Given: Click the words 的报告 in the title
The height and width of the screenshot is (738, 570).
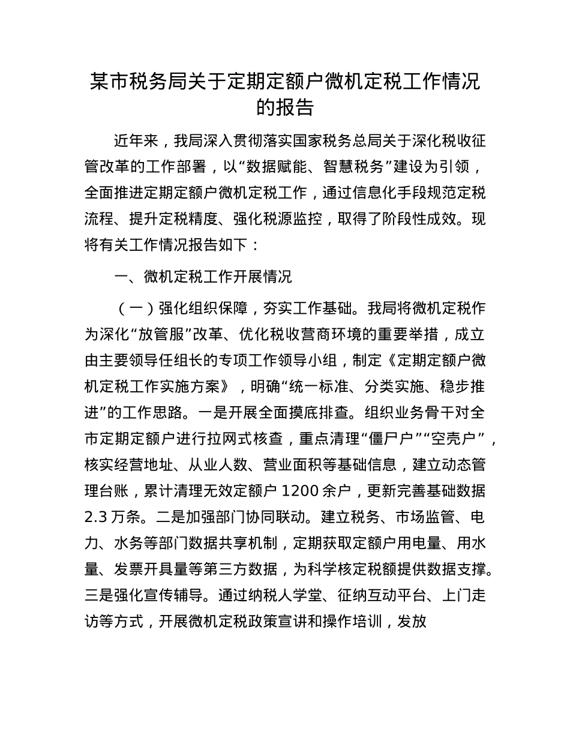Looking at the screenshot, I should point(285,107).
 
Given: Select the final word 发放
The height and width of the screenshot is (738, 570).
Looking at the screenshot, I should point(412,620).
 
